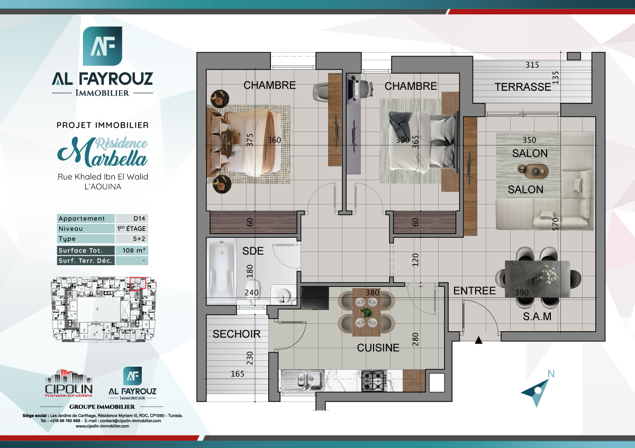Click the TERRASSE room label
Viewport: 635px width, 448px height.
pos(523,87)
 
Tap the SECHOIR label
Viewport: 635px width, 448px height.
pos(237,334)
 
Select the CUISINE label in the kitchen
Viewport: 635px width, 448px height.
pos(378,348)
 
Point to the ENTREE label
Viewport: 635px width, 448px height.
pos(474,291)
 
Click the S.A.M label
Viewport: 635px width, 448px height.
pos(537,317)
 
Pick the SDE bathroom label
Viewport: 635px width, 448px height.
pos(252,251)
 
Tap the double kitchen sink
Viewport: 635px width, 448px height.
pos(303,379)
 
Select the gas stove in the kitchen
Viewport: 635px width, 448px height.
pos(374,380)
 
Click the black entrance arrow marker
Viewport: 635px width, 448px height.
pos(479,341)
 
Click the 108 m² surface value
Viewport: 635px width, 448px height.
pos(132,250)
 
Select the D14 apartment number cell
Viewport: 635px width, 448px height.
pos(132,219)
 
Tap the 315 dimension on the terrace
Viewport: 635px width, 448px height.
pos(532,66)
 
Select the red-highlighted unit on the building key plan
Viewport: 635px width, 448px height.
pos(137,284)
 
